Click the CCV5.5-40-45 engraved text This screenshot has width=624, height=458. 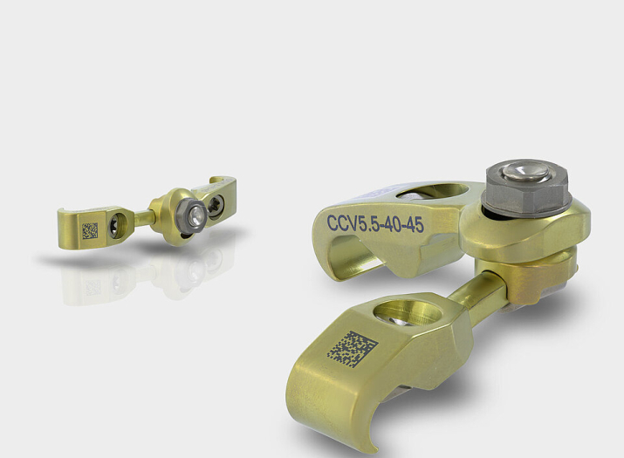click(375, 224)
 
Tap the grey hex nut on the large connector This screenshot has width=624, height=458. click(527, 189)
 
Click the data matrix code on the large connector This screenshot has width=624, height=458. click(353, 349)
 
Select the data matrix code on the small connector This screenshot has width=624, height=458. click(90, 231)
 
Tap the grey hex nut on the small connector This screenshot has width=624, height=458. click(191, 216)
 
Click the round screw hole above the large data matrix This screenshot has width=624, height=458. click(408, 312)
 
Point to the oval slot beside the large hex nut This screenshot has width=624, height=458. click(433, 190)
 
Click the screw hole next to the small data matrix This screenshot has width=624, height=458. click(118, 225)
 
